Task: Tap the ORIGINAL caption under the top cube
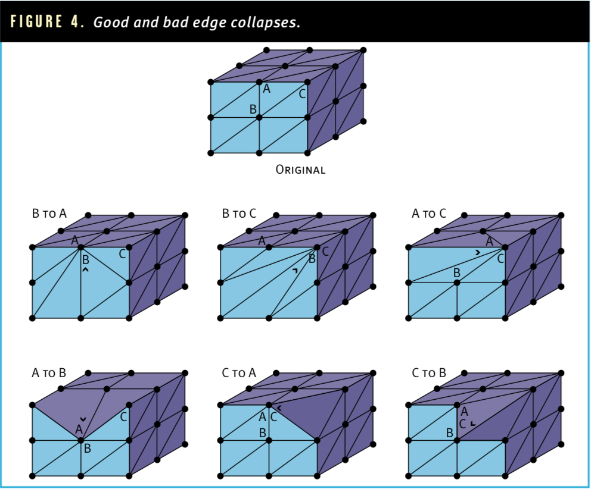(300, 170)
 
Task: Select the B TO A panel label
(49, 214)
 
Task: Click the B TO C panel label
(239, 214)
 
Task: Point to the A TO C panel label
(429, 214)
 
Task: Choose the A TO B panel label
(49, 372)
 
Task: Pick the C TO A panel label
(239, 372)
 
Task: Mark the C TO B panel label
(429, 372)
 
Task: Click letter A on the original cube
(267, 89)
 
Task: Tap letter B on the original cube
(253, 109)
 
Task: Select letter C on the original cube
(302, 94)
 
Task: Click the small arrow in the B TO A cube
(86, 269)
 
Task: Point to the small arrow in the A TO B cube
(83, 419)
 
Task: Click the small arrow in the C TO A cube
(279, 407)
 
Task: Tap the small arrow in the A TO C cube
(478, 253)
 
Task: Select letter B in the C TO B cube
(449, 433)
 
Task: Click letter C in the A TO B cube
(123, 417)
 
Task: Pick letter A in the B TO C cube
(262, 241)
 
